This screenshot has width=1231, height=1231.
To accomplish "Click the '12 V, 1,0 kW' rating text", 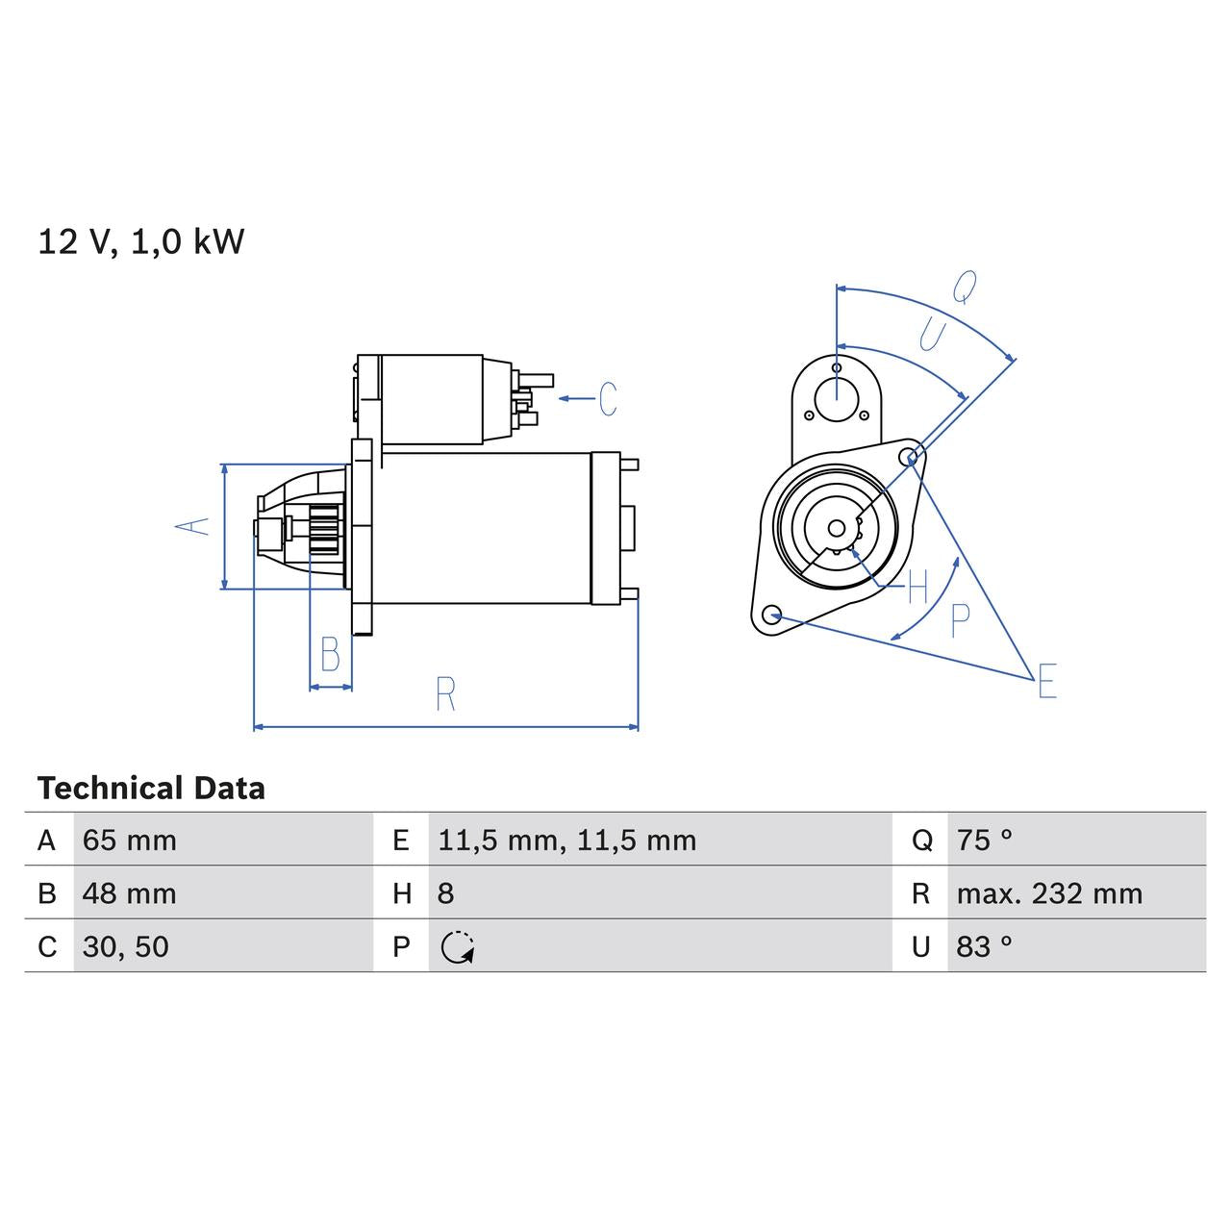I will pos(141,241).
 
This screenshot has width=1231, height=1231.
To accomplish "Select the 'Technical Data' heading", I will pos(151,789).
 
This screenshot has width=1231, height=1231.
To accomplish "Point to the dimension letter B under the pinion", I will pos(330,655).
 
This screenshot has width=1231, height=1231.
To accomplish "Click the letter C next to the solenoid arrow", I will pos(608,398).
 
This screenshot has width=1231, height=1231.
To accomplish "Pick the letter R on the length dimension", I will pos(445,694).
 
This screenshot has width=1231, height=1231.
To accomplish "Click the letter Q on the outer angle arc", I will pos(965,286).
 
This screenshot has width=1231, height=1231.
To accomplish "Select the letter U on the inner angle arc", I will pos(931,335).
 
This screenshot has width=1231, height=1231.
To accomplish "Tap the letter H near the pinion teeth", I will pos(917,586).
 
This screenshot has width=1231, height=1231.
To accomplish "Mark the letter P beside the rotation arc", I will pos(960,621).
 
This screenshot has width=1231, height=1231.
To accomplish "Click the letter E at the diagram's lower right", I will pos(1047,681).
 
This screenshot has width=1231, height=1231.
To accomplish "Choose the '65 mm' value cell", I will pos(130,841).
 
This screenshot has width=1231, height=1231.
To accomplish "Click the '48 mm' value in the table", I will pos(130,893).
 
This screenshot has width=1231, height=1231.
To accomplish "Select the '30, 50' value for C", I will pos(126,946).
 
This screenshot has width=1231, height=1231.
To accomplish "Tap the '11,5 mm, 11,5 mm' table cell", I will pos(566,841).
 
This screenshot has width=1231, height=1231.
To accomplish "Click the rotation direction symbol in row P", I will pos(458,947).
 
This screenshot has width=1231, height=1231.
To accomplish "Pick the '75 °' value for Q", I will pos(984,841).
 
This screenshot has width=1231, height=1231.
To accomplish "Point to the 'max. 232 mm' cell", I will pos(1049,893).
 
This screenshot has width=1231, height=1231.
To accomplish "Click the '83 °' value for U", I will pos(984,946).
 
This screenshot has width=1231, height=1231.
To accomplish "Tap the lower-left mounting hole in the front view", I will pos(770,614).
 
